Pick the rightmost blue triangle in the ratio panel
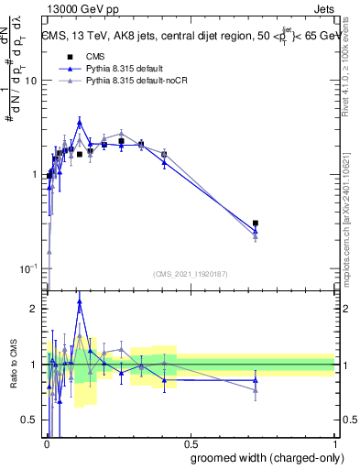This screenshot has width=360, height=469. (x=256, y=379)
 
